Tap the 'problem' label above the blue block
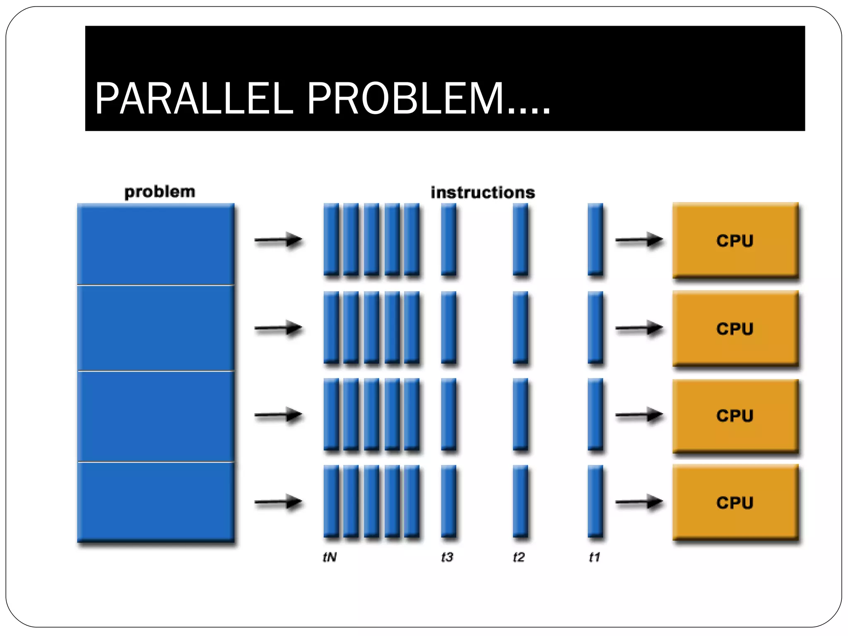click(159, 192)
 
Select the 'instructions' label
click(483, 193)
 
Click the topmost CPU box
click(735, 240)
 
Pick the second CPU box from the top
click(735, 328)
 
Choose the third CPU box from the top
click(735, 415)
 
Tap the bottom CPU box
click(735, 502)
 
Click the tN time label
click(330, 557)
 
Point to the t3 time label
click(447, 557)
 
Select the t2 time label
click(518, 557)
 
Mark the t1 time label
click(594, 557)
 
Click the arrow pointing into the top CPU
click(638, 240)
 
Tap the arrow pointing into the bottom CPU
click(638, 502)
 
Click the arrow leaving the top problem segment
click(278, 240)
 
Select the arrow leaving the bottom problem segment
click(278, 502)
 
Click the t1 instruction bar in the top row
click(595, 239)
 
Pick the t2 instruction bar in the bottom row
click(520, 501)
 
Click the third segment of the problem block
click(156, 416)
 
